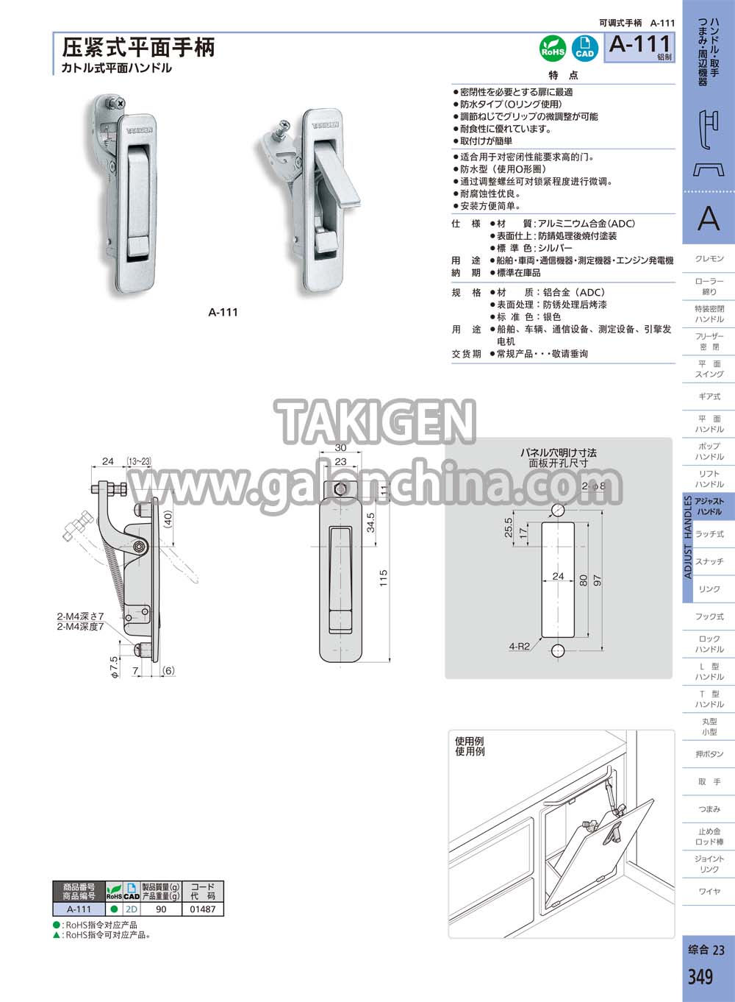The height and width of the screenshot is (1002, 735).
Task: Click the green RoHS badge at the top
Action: click(x=553, y=49)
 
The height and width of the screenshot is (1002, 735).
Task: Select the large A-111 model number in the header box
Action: click(x=640, y=44)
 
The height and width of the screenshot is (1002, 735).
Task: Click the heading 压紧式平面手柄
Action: click(x=138, y=47)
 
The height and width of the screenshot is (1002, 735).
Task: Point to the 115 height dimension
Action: click(x=384, y=578)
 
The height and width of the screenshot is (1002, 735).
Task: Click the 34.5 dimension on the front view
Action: click(x=370, y=522)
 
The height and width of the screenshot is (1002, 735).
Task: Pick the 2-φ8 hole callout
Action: click(x=593, y=486)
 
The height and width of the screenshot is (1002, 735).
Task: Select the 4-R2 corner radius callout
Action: click(x=519, y=646)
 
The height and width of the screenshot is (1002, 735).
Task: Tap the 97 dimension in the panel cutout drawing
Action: click(x=598, y=580)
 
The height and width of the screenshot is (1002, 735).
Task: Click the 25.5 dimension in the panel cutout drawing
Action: click(x=508, y=527)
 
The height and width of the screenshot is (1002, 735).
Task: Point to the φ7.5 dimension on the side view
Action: click(x=114, y=667)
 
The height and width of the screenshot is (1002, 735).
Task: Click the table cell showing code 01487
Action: click(x=202, y=909)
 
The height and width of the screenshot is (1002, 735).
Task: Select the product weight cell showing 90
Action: click(x=161, y=909)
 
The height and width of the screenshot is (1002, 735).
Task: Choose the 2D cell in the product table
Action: click(x=132, y=909)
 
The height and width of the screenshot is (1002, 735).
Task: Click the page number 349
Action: click(x=700, y=976)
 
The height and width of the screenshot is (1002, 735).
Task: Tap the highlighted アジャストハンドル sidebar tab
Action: click(x=709, y=506)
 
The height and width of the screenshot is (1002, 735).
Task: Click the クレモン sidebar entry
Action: click(x=709, y=258)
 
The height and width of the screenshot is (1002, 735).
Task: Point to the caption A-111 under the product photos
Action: click(x=223, y=312)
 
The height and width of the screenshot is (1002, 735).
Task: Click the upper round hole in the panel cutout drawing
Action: click(x=558, y=510)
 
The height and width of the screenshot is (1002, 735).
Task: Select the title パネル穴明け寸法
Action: click(x=559, y=452)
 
